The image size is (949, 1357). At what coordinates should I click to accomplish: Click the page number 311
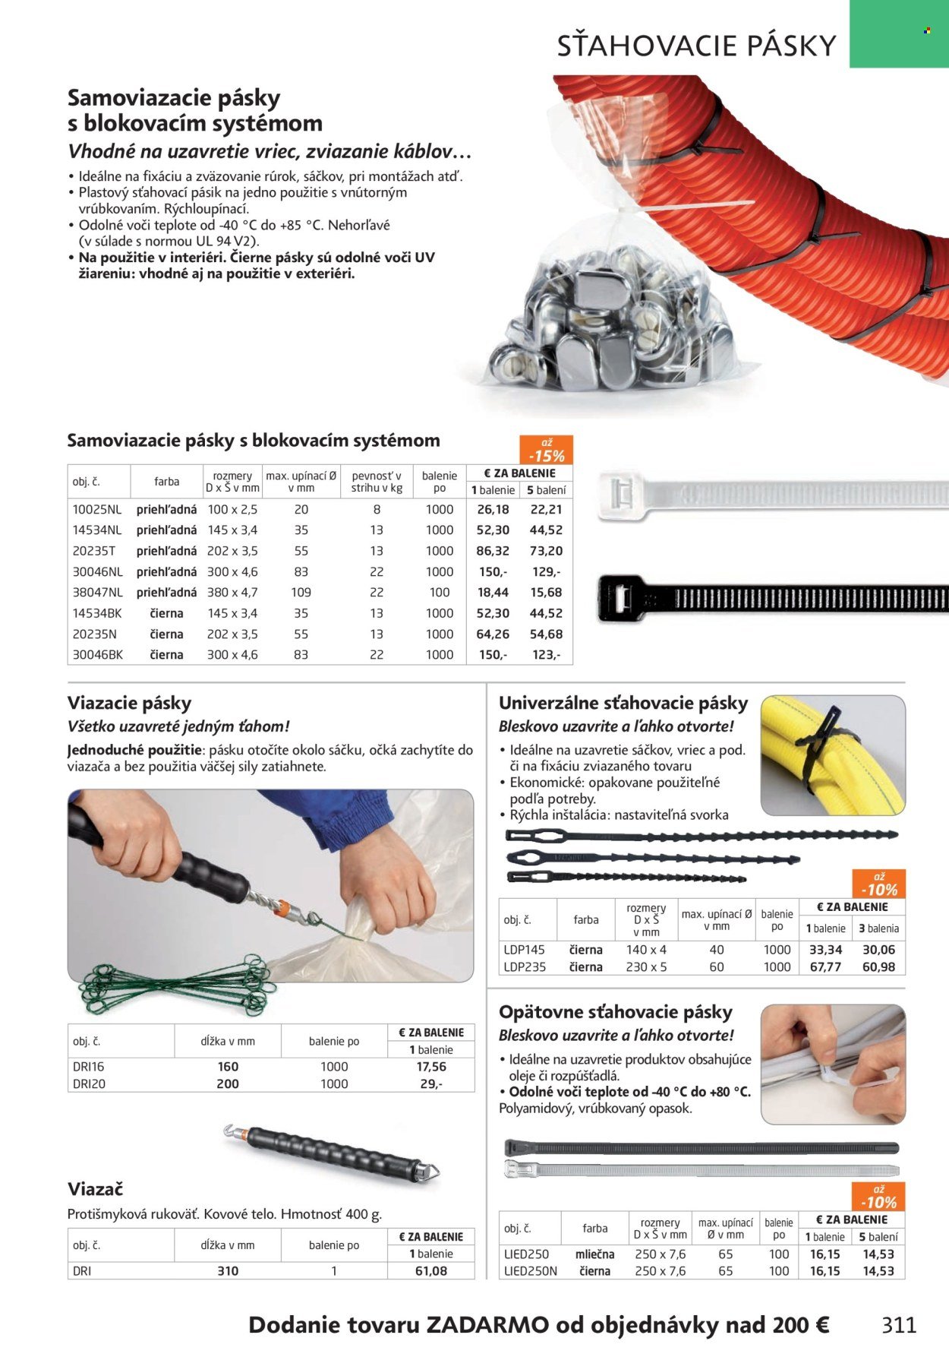point(899,1324)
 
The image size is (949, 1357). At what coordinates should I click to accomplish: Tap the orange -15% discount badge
point(546,451)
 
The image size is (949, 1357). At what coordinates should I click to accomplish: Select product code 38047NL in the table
point(97,592)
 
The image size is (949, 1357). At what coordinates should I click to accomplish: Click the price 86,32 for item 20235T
point(493,551)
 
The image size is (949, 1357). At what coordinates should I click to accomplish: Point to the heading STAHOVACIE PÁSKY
point(696,46)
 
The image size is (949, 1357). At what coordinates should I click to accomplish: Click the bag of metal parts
point(607,319)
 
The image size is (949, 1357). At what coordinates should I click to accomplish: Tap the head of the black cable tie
point(619,597)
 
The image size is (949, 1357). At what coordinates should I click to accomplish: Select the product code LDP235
point(525,966)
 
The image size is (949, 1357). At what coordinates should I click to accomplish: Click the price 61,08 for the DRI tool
point(431,1270)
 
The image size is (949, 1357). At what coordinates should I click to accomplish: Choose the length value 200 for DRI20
point(228,1083)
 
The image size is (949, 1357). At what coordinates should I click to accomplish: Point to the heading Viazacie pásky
point(129,703)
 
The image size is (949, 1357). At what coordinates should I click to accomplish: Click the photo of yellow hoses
point(833,756)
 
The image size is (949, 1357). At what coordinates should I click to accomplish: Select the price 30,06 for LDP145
point(878,950)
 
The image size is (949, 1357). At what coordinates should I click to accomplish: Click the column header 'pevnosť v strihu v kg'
point(377,482)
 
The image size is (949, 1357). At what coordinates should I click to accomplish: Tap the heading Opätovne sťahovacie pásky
point(615,1012)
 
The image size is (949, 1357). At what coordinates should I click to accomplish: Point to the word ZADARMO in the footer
point(487,1325)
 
